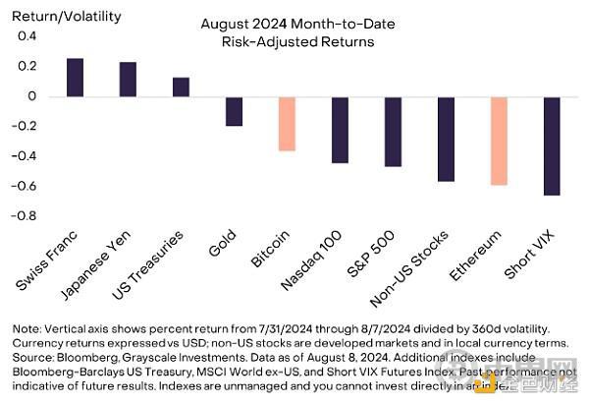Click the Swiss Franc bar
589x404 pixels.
click(75, 78)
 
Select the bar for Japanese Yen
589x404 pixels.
click(128, 80)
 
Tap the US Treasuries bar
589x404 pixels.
click(181, 87)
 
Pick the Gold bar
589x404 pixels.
click(234, 111)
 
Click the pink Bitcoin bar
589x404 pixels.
click(287, 124)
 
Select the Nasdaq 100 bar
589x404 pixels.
click(340, 130)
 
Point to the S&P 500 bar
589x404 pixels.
click(393, 132)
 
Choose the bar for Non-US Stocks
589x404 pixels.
click(446, 140)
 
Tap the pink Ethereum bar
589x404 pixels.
click(499, 141)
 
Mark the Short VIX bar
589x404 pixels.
click(552, 146)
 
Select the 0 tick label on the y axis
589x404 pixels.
click(31, 96)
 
